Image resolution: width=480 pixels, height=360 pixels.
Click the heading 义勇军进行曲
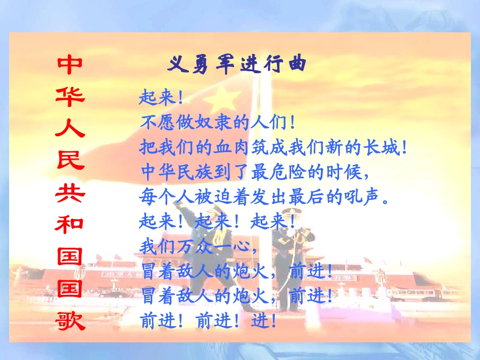click(x=236, y=65)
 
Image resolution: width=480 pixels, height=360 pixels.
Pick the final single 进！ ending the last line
click(x=265, y=321)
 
